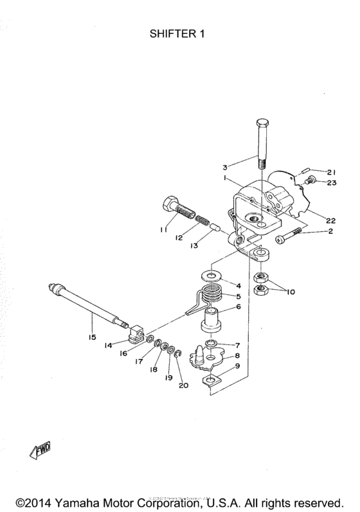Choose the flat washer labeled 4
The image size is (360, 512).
tap(210, 275)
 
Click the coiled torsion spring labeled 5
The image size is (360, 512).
tap(210, 297)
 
